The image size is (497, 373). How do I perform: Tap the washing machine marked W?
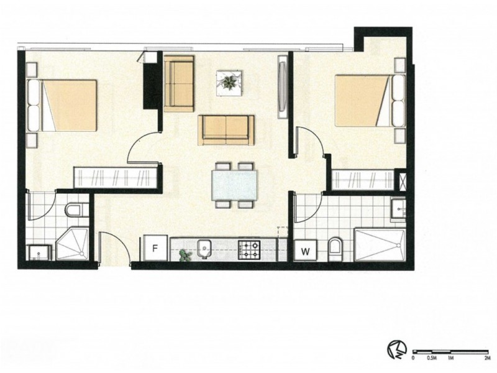(x=305, y=251)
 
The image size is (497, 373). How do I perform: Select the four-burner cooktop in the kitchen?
(x=251, y=251)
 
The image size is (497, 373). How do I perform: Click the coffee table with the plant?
(x=229, y=82)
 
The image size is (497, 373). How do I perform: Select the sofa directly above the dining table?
(x=226, y=129)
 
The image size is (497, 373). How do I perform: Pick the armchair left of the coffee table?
(x=179, y=83)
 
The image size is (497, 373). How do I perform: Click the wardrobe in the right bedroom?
(x=362, y=180)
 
